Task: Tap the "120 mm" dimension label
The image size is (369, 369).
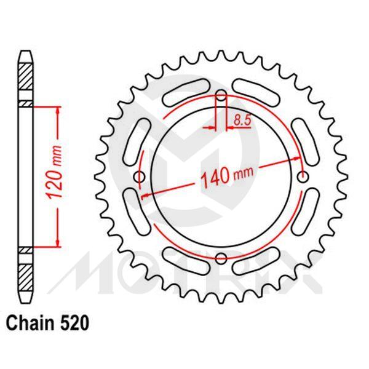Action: pyautogui.click(x=54, y=175)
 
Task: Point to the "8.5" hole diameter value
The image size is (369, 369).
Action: pyautogui.click(x=242, y=121)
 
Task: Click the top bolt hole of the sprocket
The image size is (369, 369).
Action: pyautogui.click(x=222, y=95)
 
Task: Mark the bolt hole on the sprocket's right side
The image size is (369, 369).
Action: pyautogui.click(x=303, y=177)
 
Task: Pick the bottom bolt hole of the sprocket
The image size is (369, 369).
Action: pyautogui.click(x=222, y=258)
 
